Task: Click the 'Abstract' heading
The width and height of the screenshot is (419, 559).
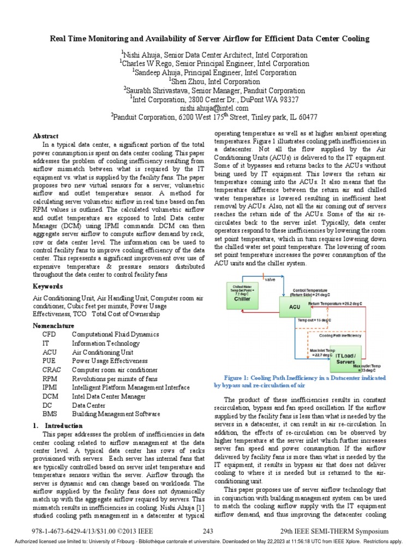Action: point(45,135)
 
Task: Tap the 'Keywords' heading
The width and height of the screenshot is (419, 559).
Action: point(48,287)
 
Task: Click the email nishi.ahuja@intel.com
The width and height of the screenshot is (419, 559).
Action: point(209,108)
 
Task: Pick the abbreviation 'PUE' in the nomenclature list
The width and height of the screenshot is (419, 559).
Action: point(49,361)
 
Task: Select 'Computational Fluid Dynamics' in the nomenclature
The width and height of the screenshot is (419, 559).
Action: point(115,334)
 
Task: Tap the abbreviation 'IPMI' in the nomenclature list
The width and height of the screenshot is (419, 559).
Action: point(50,388)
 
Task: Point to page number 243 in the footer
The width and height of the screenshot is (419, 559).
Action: point(208,532)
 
